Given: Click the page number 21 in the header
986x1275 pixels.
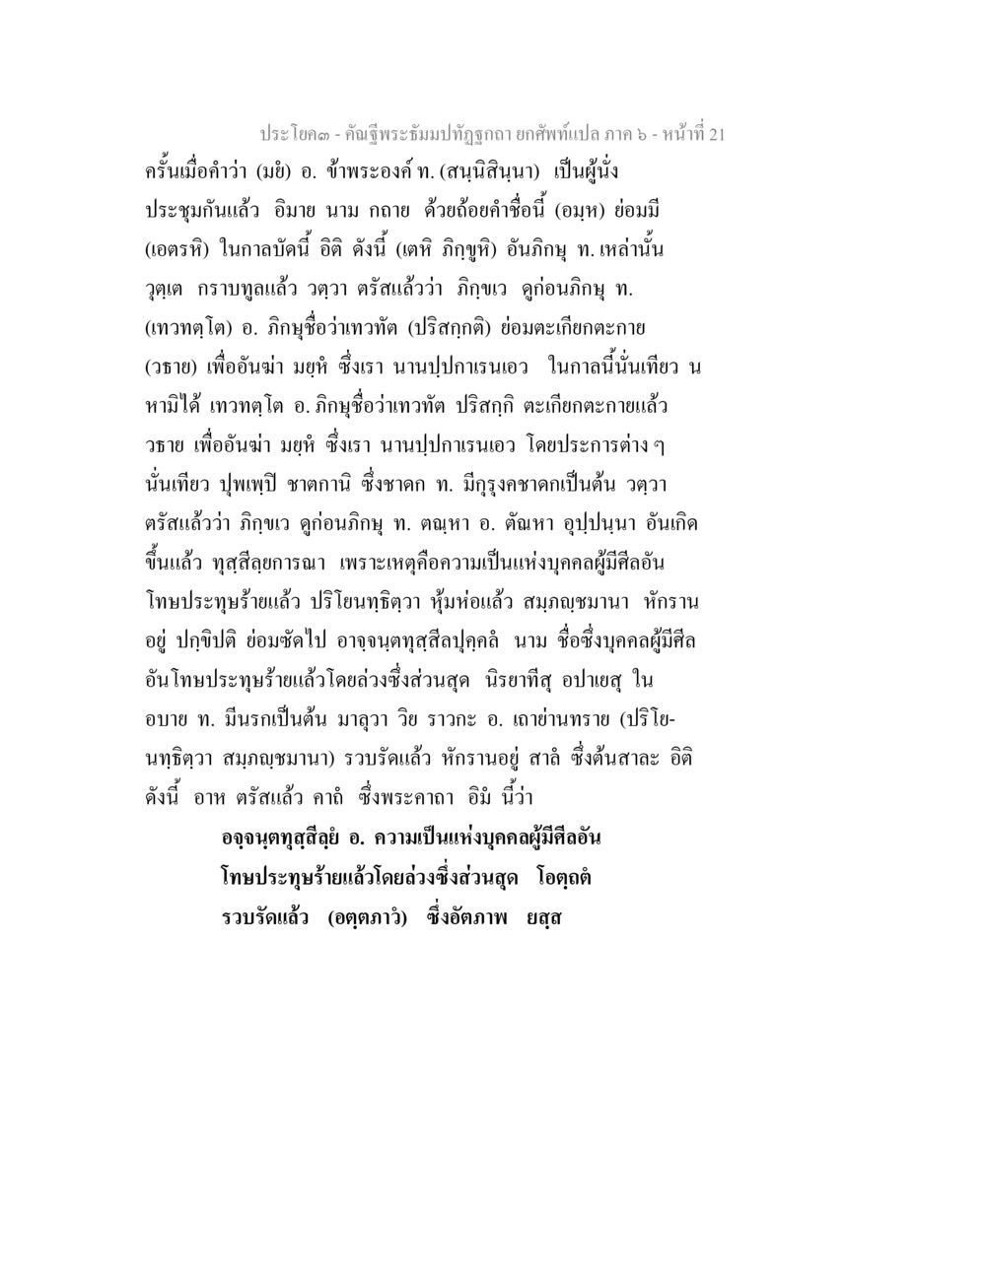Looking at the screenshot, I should click(715, 134).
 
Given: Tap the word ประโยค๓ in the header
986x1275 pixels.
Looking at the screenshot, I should click(292, 134).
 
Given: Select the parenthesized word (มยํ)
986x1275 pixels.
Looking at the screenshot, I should click(274, 170).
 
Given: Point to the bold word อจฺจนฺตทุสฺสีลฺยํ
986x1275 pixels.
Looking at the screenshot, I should click(280, 839).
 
